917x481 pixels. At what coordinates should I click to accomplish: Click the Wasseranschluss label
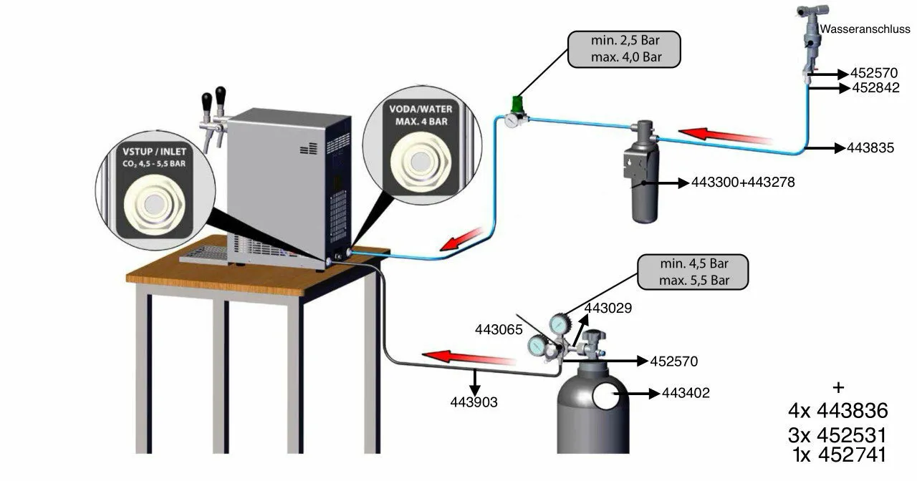pos(865,29)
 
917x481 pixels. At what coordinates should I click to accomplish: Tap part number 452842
pos(875,88)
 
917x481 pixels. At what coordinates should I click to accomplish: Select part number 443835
pos(870,148)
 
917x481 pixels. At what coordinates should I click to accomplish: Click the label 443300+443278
pos(743,183)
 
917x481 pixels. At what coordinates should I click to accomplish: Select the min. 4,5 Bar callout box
pos(693,271)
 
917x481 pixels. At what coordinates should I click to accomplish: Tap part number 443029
pos(610,308)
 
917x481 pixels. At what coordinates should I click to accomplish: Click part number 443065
pos(498,330)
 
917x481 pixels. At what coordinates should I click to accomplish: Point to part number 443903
pos(474,402)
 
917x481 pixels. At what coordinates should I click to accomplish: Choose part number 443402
pos(686,393)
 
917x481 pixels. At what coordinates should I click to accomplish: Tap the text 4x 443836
pos(837,411)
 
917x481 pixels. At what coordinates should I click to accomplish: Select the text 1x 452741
pos(840,455)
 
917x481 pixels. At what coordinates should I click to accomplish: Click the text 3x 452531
pos(837,434)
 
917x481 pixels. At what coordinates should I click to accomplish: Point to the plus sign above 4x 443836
pos(838,387)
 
